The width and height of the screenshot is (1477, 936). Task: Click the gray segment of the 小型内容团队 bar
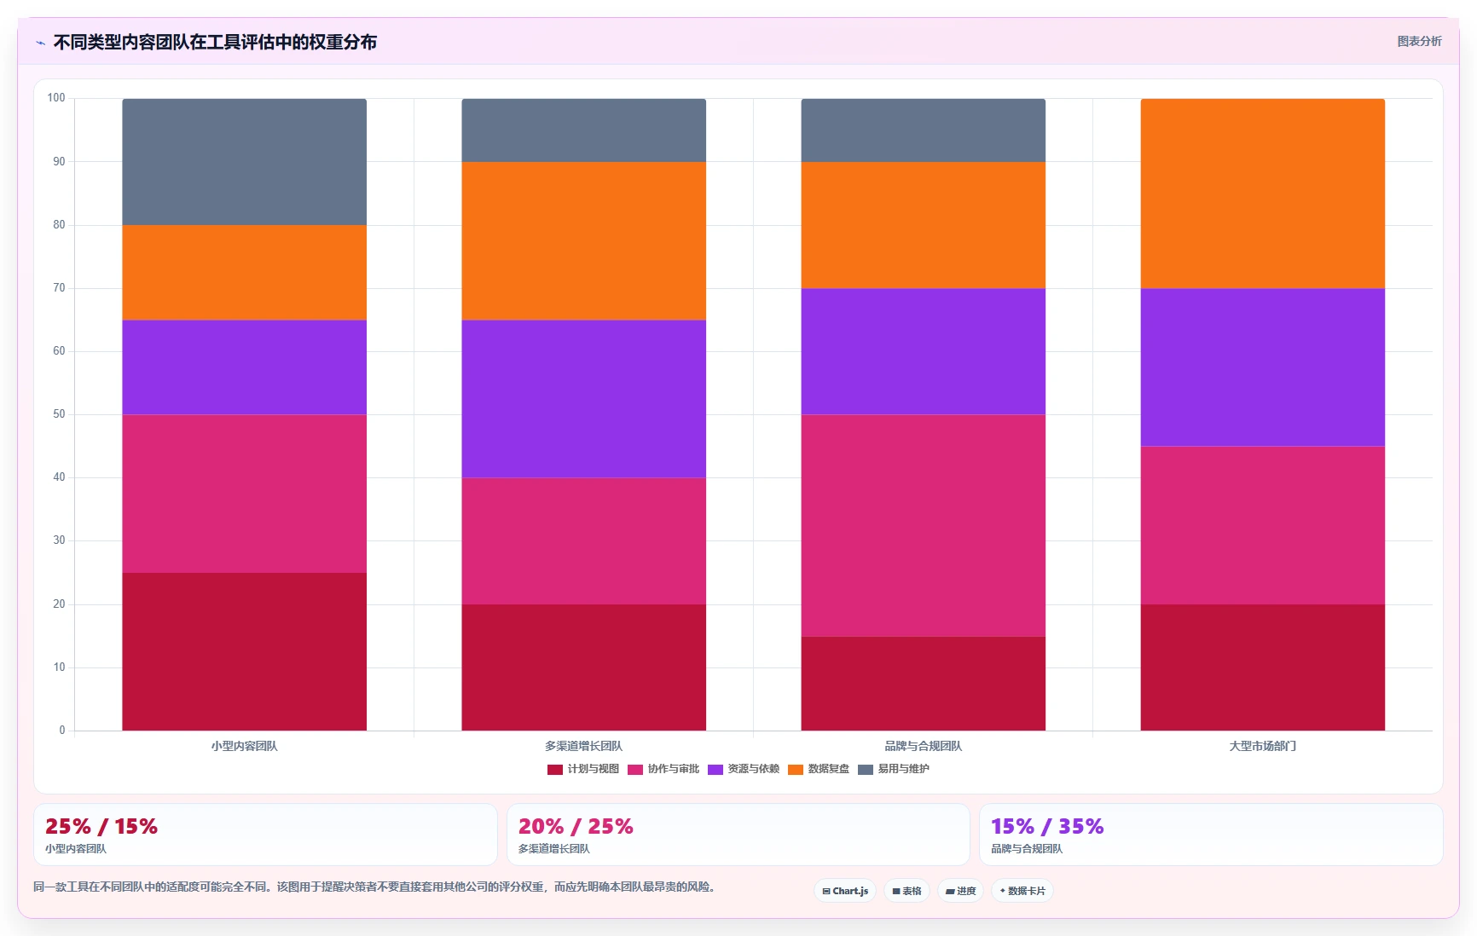[x=244, y=162]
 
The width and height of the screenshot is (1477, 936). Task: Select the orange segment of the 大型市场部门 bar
[x=1262, y=194]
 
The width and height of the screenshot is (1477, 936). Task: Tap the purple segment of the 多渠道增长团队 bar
[x=583, y=399]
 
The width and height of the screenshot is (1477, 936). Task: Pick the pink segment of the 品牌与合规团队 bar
[x=923, y=525]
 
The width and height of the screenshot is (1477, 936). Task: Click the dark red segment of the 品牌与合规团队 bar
[x=923, y=683]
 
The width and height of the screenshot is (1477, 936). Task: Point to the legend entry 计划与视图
[x=583, y=769]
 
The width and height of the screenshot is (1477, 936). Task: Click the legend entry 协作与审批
[x=663, y=769]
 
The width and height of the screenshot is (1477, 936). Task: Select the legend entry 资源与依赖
[x=744, y=769]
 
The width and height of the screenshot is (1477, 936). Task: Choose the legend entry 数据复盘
[x=819, y=769]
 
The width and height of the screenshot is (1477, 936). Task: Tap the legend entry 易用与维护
[x=894, y=769]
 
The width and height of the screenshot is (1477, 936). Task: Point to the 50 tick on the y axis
[x=59, y=414]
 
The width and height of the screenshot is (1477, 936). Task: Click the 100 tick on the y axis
[x=56, y=98]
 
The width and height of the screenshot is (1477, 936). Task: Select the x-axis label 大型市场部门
[x=1262, y=746]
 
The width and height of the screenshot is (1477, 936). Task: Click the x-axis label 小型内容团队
[x=244, y=746]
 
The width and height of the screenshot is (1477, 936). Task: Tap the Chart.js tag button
[x=845, y=891]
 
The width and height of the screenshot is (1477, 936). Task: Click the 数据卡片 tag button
[x=1022, y=891]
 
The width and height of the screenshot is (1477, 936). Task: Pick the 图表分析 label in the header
[x=1419, y=41]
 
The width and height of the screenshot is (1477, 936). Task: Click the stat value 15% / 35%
[x=1047, y=826]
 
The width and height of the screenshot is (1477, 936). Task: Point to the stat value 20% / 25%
[x=576, y=826]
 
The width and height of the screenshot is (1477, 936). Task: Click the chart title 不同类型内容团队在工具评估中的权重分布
[x=215, y=42]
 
